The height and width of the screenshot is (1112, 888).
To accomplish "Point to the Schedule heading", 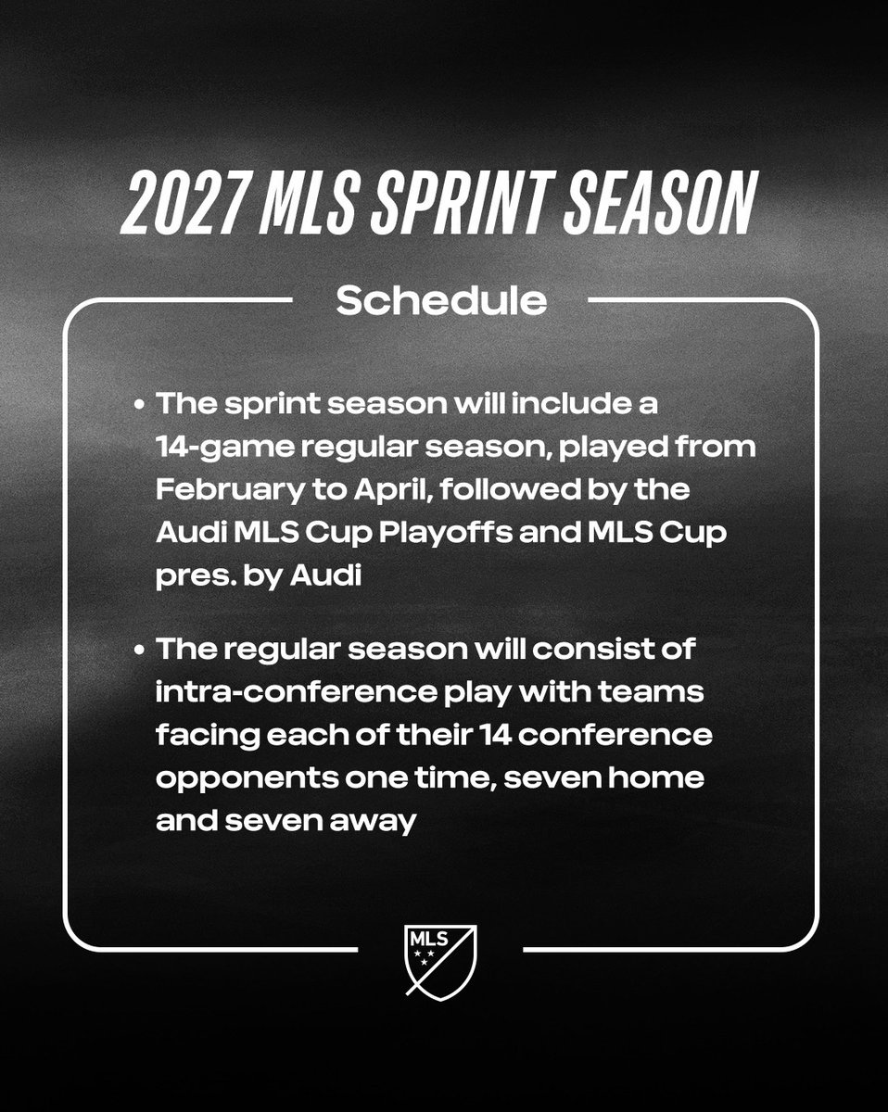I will pos(440,300).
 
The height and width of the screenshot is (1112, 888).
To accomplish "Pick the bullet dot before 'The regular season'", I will pos(139,649).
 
